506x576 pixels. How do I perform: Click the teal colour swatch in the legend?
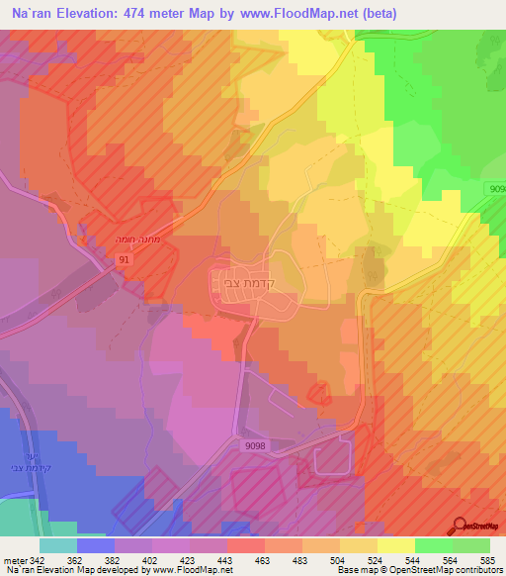58,545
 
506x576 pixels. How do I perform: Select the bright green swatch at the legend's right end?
471,545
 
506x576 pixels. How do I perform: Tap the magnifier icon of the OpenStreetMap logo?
461,527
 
